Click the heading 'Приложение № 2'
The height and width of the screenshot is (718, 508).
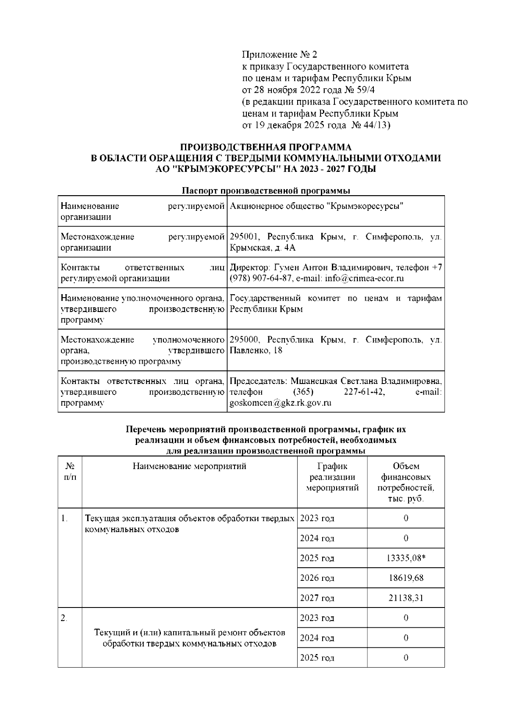tap(279, 55)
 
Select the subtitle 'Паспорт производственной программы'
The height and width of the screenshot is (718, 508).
tap(265, 191)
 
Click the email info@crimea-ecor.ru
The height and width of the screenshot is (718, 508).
tap(364, 278)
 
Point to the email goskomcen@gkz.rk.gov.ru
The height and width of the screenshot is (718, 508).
tap(280, 403)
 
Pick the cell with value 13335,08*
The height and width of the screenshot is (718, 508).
tap(406, 558)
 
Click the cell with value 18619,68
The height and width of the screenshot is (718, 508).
tap(406, 578)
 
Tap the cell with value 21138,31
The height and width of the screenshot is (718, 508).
tap(406, 598)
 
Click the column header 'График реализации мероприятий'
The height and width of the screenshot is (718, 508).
tap(332, 477)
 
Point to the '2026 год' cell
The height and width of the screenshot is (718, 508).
tap(317, 578)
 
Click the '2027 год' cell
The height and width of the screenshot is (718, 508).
tap(317, 598)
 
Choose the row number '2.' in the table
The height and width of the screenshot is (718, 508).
tap(64, 618)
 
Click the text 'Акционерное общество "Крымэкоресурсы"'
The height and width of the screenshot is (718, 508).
tap(316, 206)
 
